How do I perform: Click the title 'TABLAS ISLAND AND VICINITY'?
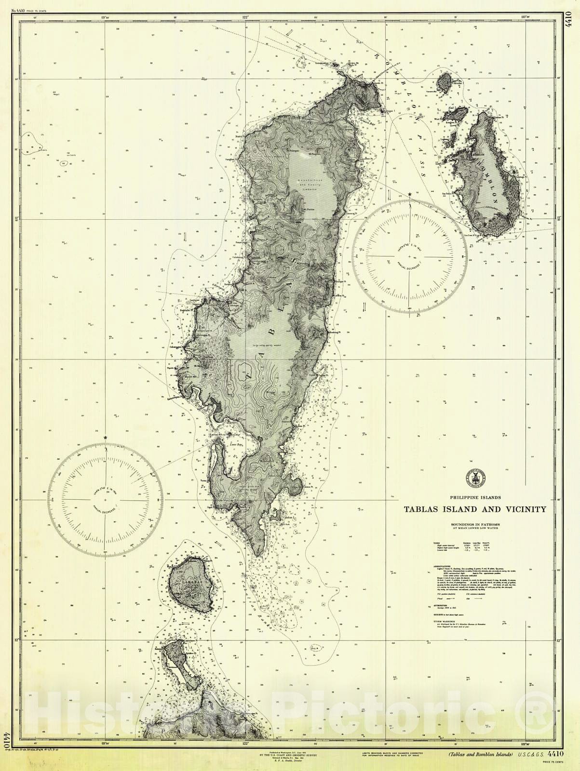(475, 509)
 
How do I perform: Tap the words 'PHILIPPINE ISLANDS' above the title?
(475, 497)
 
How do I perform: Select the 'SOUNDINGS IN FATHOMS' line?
(475, 524)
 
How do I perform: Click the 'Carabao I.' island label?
(189, 581)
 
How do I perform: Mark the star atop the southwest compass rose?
(105, 438)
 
